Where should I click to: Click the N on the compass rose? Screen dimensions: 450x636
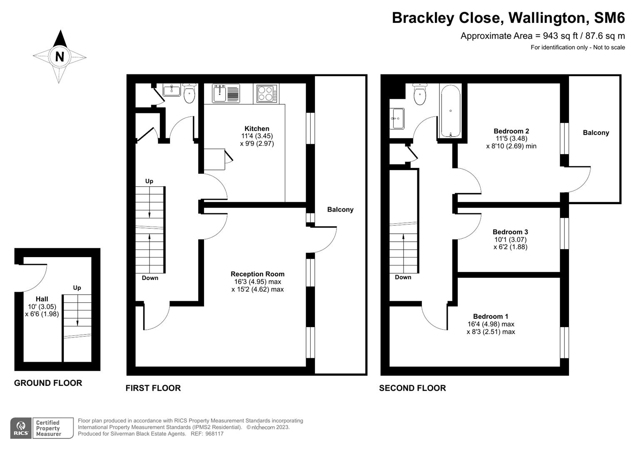tap(60, 56)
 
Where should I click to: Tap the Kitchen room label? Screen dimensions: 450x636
tap(257, 128)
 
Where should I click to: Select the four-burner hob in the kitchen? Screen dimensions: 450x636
tap(266, 93)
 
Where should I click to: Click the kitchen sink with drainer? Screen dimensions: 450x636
tap(225, 93)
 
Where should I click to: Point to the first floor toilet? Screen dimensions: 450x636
tap(189, 93)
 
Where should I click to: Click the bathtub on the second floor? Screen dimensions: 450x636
tap(450, 111)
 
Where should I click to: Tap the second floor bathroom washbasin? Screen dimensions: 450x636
tap(397, 119)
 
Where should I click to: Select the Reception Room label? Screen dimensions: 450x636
tap(257, 274)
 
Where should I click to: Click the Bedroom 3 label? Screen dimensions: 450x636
tap(510, 232)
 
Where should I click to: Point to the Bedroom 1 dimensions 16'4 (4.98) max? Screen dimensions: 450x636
tap(491, 324)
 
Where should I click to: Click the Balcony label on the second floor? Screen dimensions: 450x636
tap(596, 132)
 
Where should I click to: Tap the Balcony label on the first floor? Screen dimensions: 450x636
tap(340, 210)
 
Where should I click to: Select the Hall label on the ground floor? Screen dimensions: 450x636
tap(42, 299)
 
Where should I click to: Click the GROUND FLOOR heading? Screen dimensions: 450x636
tap(48, 383)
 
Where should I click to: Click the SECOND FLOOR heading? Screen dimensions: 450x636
tap(412, 388)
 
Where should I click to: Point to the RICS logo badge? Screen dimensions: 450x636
tap(20, 428)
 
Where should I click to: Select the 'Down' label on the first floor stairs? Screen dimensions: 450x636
tap(150, 278)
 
